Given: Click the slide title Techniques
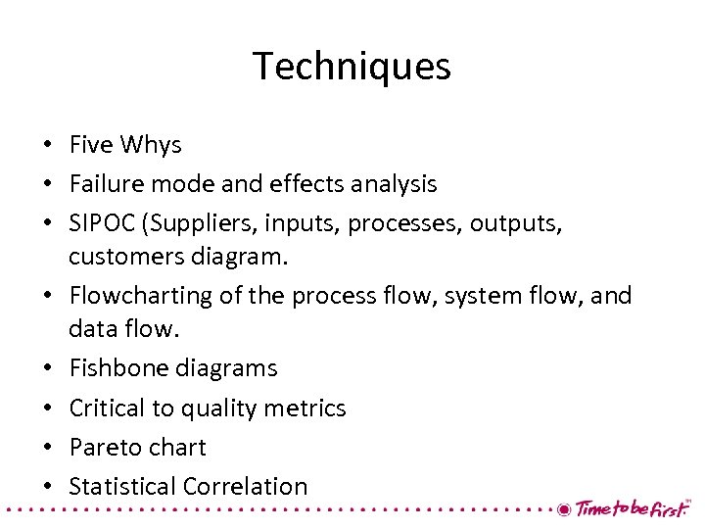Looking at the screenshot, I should (x=352, y=67).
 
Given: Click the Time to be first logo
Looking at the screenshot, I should (x=632, y=508).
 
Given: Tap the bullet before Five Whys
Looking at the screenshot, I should (x=47, y=146).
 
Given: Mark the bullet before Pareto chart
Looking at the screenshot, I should (x=47, y=448).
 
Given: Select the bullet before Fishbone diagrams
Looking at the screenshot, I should (x=47, y=369).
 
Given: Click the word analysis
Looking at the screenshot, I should (x=392, y=183).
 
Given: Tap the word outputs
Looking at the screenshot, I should (x=516, y=223).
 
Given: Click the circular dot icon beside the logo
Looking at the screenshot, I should (x=563, y=509).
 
